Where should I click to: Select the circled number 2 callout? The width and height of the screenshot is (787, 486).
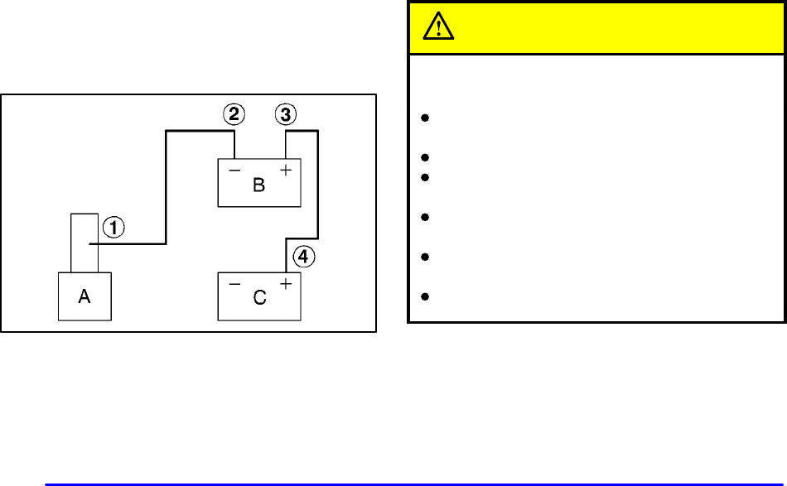click(234, 115)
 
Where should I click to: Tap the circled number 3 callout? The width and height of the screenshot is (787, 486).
click(286, 115)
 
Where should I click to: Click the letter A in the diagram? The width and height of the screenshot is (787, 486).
click(84, 298)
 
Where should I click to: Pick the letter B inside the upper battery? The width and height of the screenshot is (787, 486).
click(258, 185)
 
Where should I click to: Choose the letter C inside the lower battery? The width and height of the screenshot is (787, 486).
click(259, 298)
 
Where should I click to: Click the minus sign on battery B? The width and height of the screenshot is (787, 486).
click(234, 171)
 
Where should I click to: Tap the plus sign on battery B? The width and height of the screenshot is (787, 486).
click(287, 171)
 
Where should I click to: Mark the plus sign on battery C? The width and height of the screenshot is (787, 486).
click(287, 285)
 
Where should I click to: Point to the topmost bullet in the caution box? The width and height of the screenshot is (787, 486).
click(424, 118)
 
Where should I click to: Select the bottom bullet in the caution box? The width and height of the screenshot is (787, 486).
click(424, 296)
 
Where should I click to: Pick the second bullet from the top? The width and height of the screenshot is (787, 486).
click(424, 156)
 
